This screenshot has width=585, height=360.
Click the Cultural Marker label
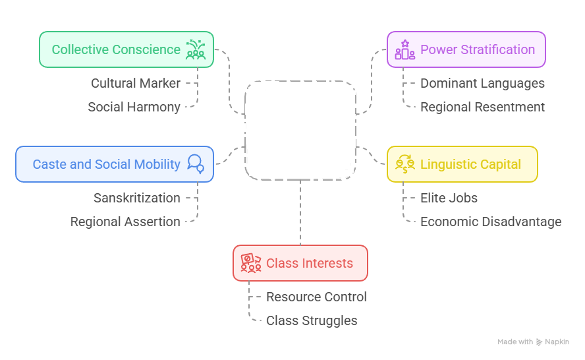click(x=136, y=83)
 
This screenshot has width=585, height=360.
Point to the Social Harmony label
click(x=134, y=107)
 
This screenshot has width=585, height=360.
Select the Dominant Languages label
click(x=482, y=83)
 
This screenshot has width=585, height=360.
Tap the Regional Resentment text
click(x=482, y=107)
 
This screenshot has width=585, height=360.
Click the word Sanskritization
click(x=136, y=198)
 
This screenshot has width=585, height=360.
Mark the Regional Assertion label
click(x=125, y=222)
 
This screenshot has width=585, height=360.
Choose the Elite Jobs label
click(x=449, y=198)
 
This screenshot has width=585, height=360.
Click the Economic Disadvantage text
click(x=491, y=222)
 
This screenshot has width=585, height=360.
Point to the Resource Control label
click(x=316, y=297)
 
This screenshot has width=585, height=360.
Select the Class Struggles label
click(x=312, y=320)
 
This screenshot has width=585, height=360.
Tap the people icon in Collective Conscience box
click(x=195, y=49)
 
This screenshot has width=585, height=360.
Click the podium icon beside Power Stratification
click(x=404, y=50)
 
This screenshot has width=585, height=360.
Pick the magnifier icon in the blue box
click(x=196, y=164)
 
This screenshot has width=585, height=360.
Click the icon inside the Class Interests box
click(x=250, y=263)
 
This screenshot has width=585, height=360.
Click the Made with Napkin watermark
click(x=533, y=342)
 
